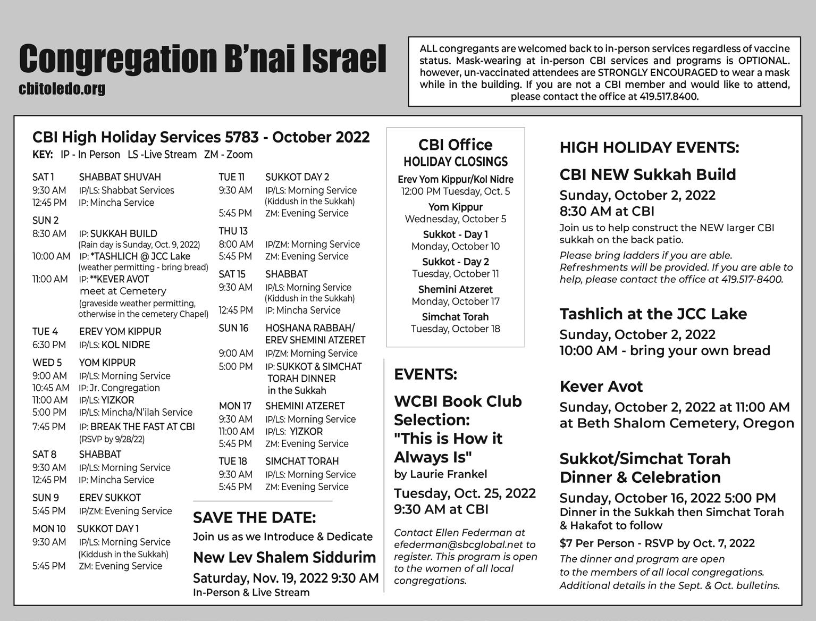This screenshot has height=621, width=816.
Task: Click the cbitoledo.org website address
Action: point(62,89)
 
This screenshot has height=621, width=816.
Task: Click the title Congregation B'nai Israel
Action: point(202,58)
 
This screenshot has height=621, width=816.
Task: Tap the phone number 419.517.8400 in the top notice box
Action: point(668,97)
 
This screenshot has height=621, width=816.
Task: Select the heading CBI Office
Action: point(455,145)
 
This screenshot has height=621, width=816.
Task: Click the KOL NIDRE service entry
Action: point(125,345)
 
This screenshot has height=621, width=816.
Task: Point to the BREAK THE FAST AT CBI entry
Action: point(142,426)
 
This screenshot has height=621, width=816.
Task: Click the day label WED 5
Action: point(47,363)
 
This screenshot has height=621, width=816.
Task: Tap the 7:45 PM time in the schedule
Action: point(49,426)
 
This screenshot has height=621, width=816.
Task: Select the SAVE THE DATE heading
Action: point(254,517)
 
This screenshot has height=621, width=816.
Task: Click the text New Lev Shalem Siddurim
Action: point(284,557)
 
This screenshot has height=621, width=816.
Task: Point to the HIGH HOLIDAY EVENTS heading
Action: point(649,147)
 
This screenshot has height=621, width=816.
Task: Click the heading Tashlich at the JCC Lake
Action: point(653,314)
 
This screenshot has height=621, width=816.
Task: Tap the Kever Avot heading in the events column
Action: point(601,387)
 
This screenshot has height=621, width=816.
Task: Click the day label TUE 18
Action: point(233,461)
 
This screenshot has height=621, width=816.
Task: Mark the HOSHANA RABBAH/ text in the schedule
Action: point(310,328)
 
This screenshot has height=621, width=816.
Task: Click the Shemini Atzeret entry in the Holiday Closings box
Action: point(455,289)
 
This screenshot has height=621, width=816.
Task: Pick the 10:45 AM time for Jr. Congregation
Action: point(51,388)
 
